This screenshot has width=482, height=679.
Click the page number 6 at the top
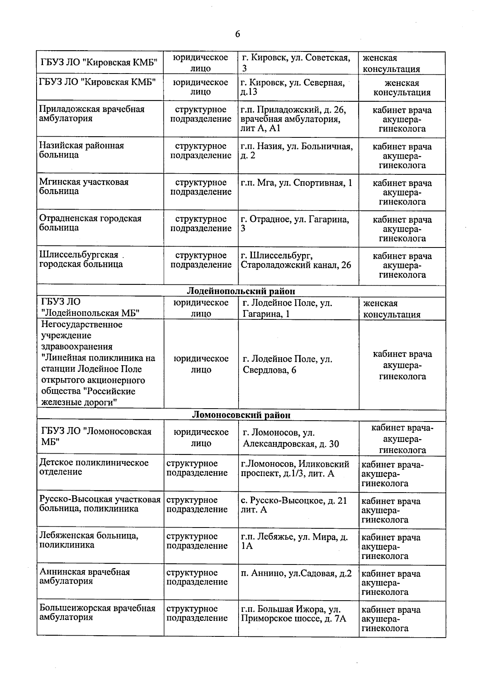[237, 34]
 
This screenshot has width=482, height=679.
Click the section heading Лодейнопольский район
[241, 291]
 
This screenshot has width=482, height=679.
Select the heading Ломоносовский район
[241, 415]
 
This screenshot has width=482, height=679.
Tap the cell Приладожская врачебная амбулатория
[92, 114]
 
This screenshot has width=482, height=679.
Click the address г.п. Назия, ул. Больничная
[296, 151]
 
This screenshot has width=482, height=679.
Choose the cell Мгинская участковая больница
[84, 186]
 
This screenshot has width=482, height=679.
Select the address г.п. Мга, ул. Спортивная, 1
[296, 183]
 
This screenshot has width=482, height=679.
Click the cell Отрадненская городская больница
[90, 223]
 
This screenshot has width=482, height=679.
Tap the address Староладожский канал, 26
[296, 265]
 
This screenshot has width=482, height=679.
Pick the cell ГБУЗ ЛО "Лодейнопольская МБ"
[90, 308]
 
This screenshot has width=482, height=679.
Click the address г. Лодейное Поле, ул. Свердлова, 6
[287, 364]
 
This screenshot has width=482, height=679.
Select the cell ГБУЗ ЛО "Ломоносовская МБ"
[96, 437]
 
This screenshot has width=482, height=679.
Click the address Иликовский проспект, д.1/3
[295, 469]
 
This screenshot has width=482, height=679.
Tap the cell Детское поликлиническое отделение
[94, 467]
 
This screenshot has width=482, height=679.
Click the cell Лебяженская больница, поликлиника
[89, 540]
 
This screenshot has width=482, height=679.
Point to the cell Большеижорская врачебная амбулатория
[97, 613]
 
